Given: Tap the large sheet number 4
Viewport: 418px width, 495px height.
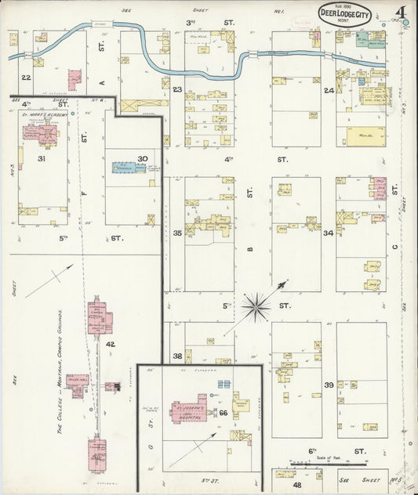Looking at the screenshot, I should (x=400, y=13).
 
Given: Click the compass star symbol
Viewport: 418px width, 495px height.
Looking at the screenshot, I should (x=256, y=306).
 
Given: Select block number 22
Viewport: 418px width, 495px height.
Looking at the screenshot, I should (x=26, y=78).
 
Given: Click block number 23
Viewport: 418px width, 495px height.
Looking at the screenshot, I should (x=178, y=89).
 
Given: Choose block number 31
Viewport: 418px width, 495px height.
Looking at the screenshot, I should (x=40, y=159).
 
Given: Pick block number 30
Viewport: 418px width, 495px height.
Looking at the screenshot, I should (x=143, y=159).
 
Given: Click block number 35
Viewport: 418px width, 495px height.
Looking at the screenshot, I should (x=178, y=233).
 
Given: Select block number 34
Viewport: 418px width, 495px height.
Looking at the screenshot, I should (x=329, y=233).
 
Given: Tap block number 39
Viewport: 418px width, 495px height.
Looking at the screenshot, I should (x=329, y=385).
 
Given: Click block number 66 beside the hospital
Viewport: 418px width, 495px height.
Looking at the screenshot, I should (x=223, y=412).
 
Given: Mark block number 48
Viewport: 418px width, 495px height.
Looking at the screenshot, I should (x=285, y=485).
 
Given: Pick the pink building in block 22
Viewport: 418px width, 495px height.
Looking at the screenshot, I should (x=75, y=79).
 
